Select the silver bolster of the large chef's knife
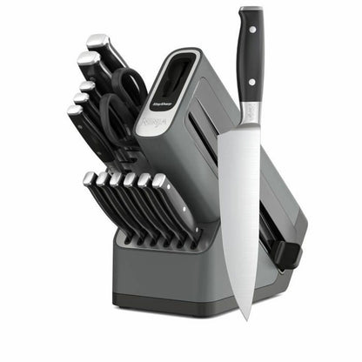click(250, 112)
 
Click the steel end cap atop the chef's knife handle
click(251, 11)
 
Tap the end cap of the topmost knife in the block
click(97, 40)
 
